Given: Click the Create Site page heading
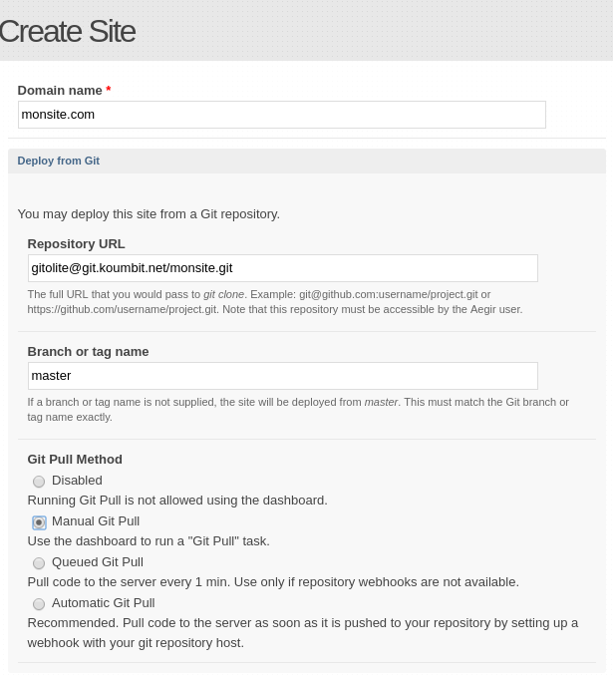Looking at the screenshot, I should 67,31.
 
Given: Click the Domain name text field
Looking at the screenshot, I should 281,115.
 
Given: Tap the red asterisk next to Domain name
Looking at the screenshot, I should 109,91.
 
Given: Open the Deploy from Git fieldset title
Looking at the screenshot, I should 58,161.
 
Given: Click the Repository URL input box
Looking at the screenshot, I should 282,268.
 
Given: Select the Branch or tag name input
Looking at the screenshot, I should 282,376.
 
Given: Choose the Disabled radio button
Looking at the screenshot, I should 39,482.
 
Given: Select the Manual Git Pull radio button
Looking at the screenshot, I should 39,522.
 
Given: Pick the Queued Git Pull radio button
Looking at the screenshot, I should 39,563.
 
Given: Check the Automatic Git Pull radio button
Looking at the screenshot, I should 39,604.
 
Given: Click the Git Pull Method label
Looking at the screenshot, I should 75,460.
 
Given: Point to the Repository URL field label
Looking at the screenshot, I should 76,244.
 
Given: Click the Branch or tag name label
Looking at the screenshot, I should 88,352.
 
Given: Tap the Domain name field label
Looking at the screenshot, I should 60,91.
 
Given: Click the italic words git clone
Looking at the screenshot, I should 223,294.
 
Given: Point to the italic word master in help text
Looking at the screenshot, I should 381,402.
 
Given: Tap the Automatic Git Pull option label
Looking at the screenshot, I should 103,603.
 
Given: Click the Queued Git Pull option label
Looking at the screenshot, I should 97,562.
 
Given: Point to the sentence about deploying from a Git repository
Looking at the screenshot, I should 149,214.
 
